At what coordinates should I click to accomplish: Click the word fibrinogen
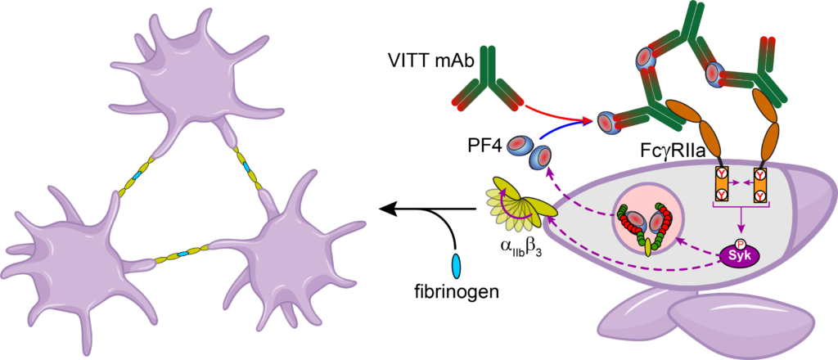point(457,290)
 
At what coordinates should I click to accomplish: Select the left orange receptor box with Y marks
point(722,183)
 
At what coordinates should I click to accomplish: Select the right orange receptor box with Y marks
point(761,183)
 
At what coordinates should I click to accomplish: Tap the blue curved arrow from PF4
point(565,133)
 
